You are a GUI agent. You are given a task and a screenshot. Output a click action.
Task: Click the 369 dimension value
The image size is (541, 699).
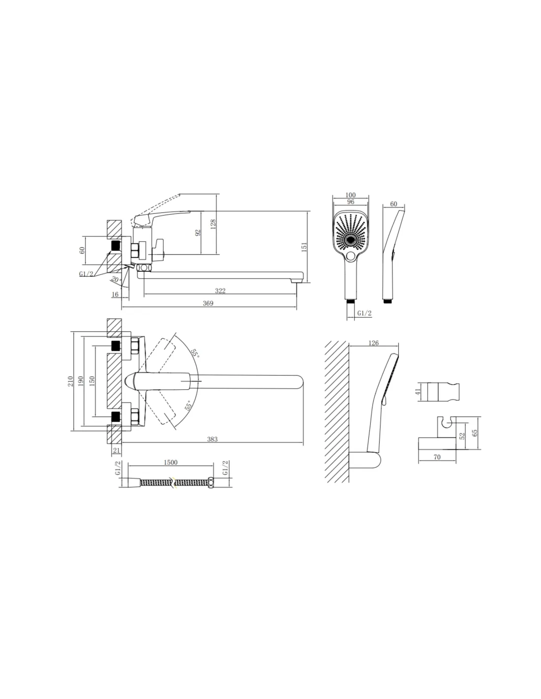coord(208,303)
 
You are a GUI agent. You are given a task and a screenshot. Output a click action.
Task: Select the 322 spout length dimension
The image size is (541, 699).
coord(220,291)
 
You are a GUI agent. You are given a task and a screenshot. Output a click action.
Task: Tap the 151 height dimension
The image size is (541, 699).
coord(304,247)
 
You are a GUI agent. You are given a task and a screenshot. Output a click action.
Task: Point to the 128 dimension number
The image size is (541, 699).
coord(213,224)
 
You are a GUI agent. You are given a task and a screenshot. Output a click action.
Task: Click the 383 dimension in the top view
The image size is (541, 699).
coord(212,439)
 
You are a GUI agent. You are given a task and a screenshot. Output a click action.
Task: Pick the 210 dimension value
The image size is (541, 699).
coord(70,381)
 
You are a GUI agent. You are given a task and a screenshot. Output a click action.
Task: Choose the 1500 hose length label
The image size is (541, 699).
coord(171,462)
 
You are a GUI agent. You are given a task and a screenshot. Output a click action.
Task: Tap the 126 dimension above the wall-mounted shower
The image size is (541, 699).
coord(373,343)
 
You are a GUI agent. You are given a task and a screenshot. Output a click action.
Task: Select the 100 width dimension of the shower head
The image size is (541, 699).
coord(351,195)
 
